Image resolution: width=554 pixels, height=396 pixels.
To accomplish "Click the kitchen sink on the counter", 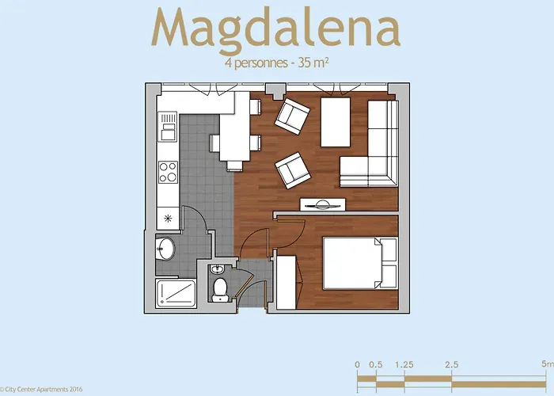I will [x=168, y=126].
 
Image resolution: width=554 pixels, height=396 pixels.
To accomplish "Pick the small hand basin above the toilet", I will [x=218, y=270].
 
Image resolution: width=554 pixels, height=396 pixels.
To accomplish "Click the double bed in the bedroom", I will [x=352, y=264].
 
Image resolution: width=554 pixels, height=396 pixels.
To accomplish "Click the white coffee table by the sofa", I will [x=335, y=124].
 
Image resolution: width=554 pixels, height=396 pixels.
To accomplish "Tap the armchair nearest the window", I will [x=293, y=116].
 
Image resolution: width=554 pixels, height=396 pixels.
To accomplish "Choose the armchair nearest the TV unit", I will [x=291, y=170].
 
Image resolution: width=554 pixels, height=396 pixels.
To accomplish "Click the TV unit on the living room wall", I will [x=323, y=204].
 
